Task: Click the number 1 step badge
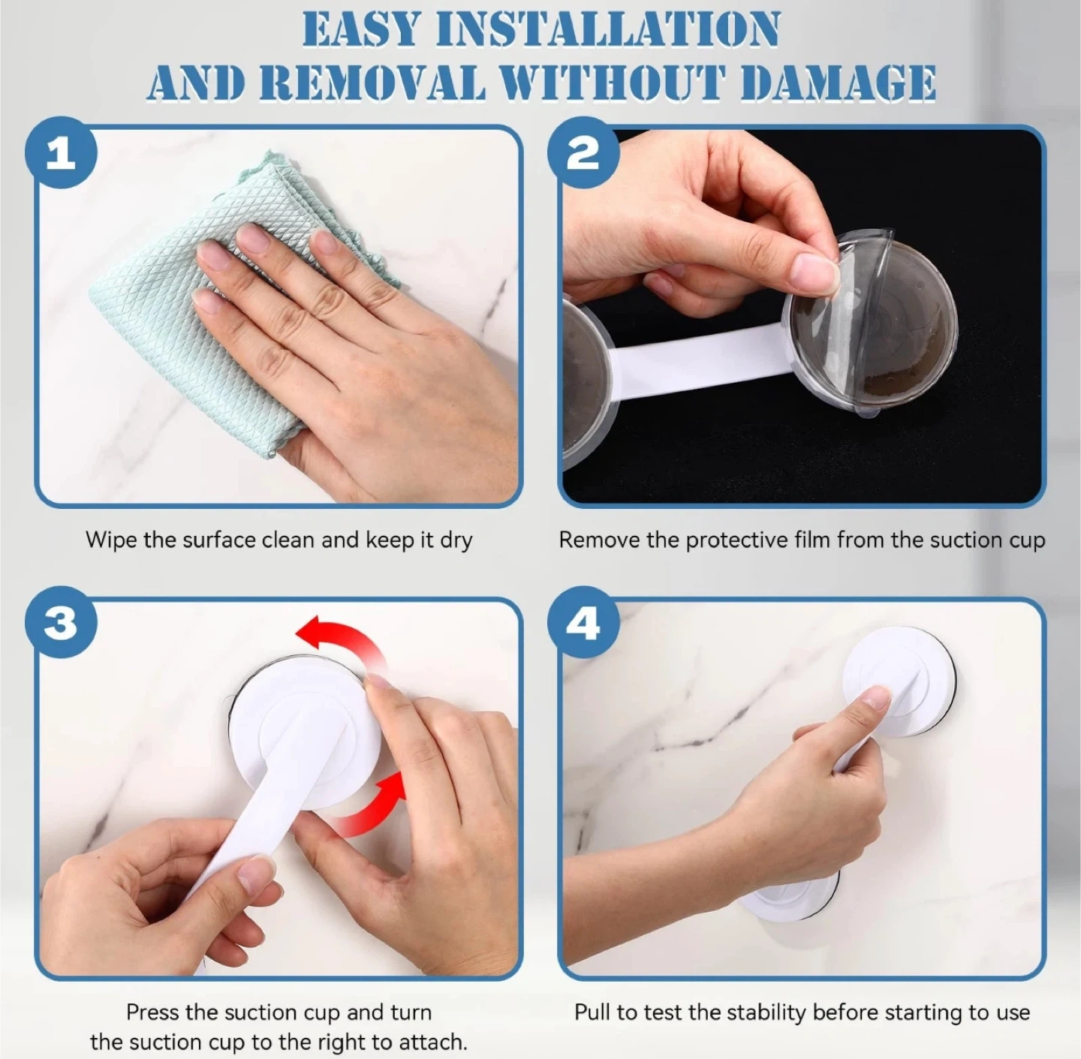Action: coord(61,152)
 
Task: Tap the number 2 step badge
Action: coord(583,152)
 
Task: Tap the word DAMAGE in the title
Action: coord(838,83)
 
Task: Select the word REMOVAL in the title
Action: coord(372,83)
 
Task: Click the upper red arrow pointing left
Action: coord(342,636)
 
